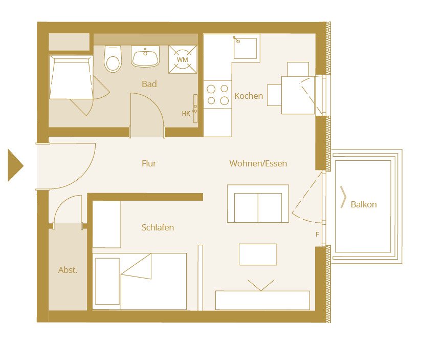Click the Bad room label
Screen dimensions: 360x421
(x=149, y=84)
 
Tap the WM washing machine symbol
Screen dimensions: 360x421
(x=182, y=60)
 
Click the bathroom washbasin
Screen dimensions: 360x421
(x=146, y=56)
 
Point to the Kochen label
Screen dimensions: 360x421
(x=249, y=96)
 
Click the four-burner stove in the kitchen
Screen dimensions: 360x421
(x=217, y=95)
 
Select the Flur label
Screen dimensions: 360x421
(x=149, y=164)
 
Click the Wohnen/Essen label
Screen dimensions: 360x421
(x=258, y=164)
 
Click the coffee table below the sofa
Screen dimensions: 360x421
(x=258, y=255)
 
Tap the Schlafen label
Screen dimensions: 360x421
(x=158, y=227)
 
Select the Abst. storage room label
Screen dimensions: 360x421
(x=68, y=270)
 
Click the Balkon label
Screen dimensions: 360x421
(x=364, y=204)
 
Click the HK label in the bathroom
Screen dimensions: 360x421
(x=186, y=114)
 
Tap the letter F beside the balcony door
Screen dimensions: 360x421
(x=317, y=235)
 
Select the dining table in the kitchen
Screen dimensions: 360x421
(x=298, y=95)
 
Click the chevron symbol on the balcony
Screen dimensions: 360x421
(x=344, y=198)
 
